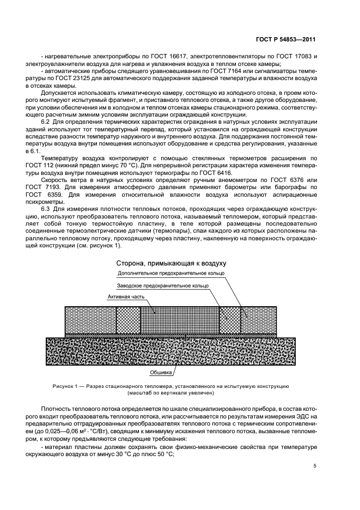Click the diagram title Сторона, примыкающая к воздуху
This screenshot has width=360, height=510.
[x=174, y=263]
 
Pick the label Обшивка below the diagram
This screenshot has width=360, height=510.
[x=161, y=373]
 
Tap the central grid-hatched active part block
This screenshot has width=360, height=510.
[x=179, y=319]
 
